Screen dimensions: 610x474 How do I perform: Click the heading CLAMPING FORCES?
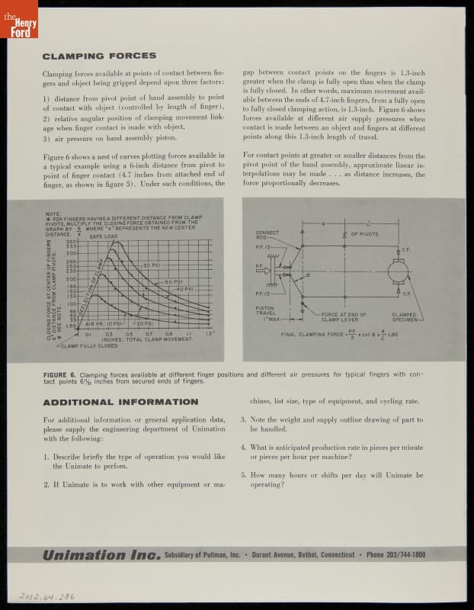[99, 56]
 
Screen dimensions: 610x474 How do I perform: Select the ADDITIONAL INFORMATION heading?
[120, 402]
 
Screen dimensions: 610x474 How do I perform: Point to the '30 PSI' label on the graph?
[149, 264]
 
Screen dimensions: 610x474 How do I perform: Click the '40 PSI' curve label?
[183, 290]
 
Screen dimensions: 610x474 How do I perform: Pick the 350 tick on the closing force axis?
[73, 241]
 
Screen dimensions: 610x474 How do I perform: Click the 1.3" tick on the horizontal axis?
[210, 333]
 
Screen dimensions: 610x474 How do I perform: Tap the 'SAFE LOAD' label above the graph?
[103, 236]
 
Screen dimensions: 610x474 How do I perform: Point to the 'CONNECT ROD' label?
[267, 235]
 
